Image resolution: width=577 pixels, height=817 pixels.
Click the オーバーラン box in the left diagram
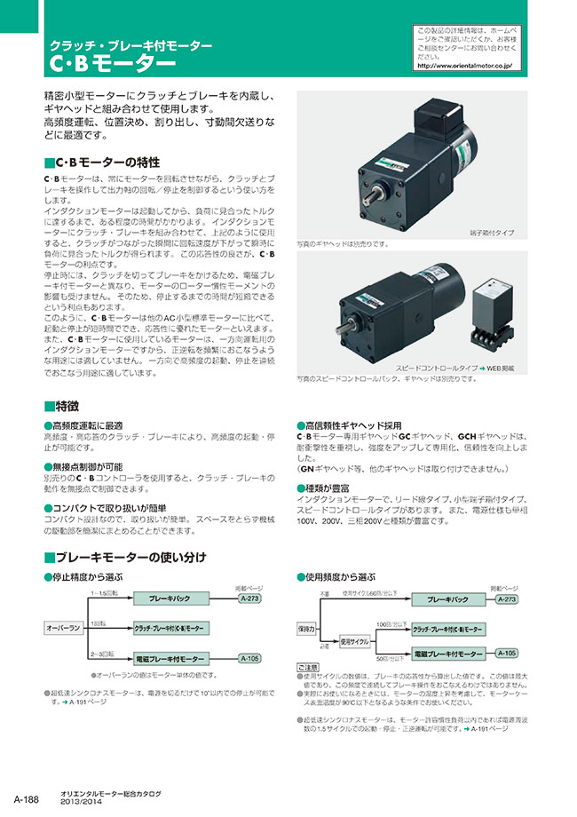[x=65, y=628]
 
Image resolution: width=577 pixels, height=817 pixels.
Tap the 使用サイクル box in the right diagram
[x=354, y=640]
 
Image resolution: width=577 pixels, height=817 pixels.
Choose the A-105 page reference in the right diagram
[x=507, y=653]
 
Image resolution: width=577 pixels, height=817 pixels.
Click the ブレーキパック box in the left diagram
[x=170, y=599]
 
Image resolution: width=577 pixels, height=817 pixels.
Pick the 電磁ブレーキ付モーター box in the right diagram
[x=448, y=653]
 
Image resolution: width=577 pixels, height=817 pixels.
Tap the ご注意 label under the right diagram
[x=307, y=667]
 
